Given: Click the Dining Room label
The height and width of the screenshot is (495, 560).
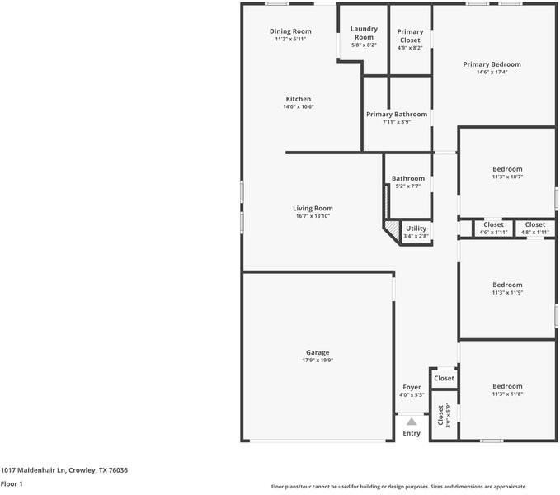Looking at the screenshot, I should [290, 31].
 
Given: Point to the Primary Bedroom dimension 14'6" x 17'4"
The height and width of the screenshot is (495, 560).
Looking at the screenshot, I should [492, 72].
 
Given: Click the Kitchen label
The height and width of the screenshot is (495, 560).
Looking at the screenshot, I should [298, 99].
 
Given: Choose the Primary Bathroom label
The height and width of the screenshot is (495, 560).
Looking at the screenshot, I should [397, 115].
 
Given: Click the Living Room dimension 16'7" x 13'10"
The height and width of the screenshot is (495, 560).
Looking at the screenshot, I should [313, 216].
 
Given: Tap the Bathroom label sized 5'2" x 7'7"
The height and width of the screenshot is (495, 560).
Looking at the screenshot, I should [408, 178].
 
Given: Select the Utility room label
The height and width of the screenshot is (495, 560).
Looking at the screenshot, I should [416, 229].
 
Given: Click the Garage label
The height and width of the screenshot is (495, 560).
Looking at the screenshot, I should [318, 352].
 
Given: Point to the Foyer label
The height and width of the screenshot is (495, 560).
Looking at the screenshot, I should [412, 387].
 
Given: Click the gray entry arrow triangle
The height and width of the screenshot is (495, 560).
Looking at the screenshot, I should [412, 422].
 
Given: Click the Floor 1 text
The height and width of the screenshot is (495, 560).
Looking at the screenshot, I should [12, 484].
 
